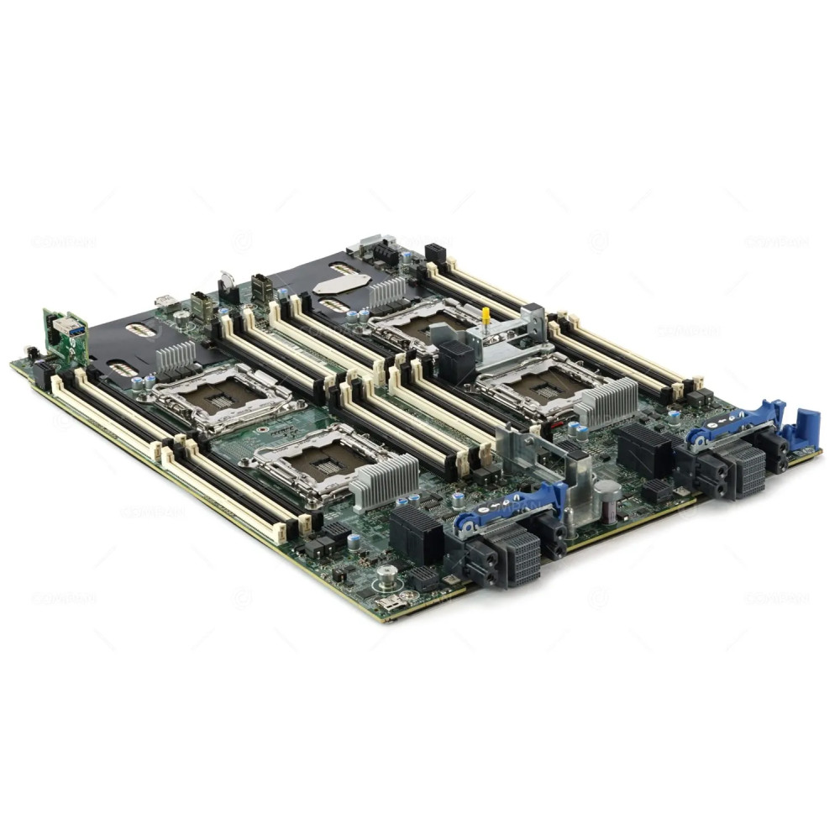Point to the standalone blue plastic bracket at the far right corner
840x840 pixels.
(x=805, y=430)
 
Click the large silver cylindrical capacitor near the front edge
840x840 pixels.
(x=606, y=501)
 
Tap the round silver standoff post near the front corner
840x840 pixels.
(x=386, y=577)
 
